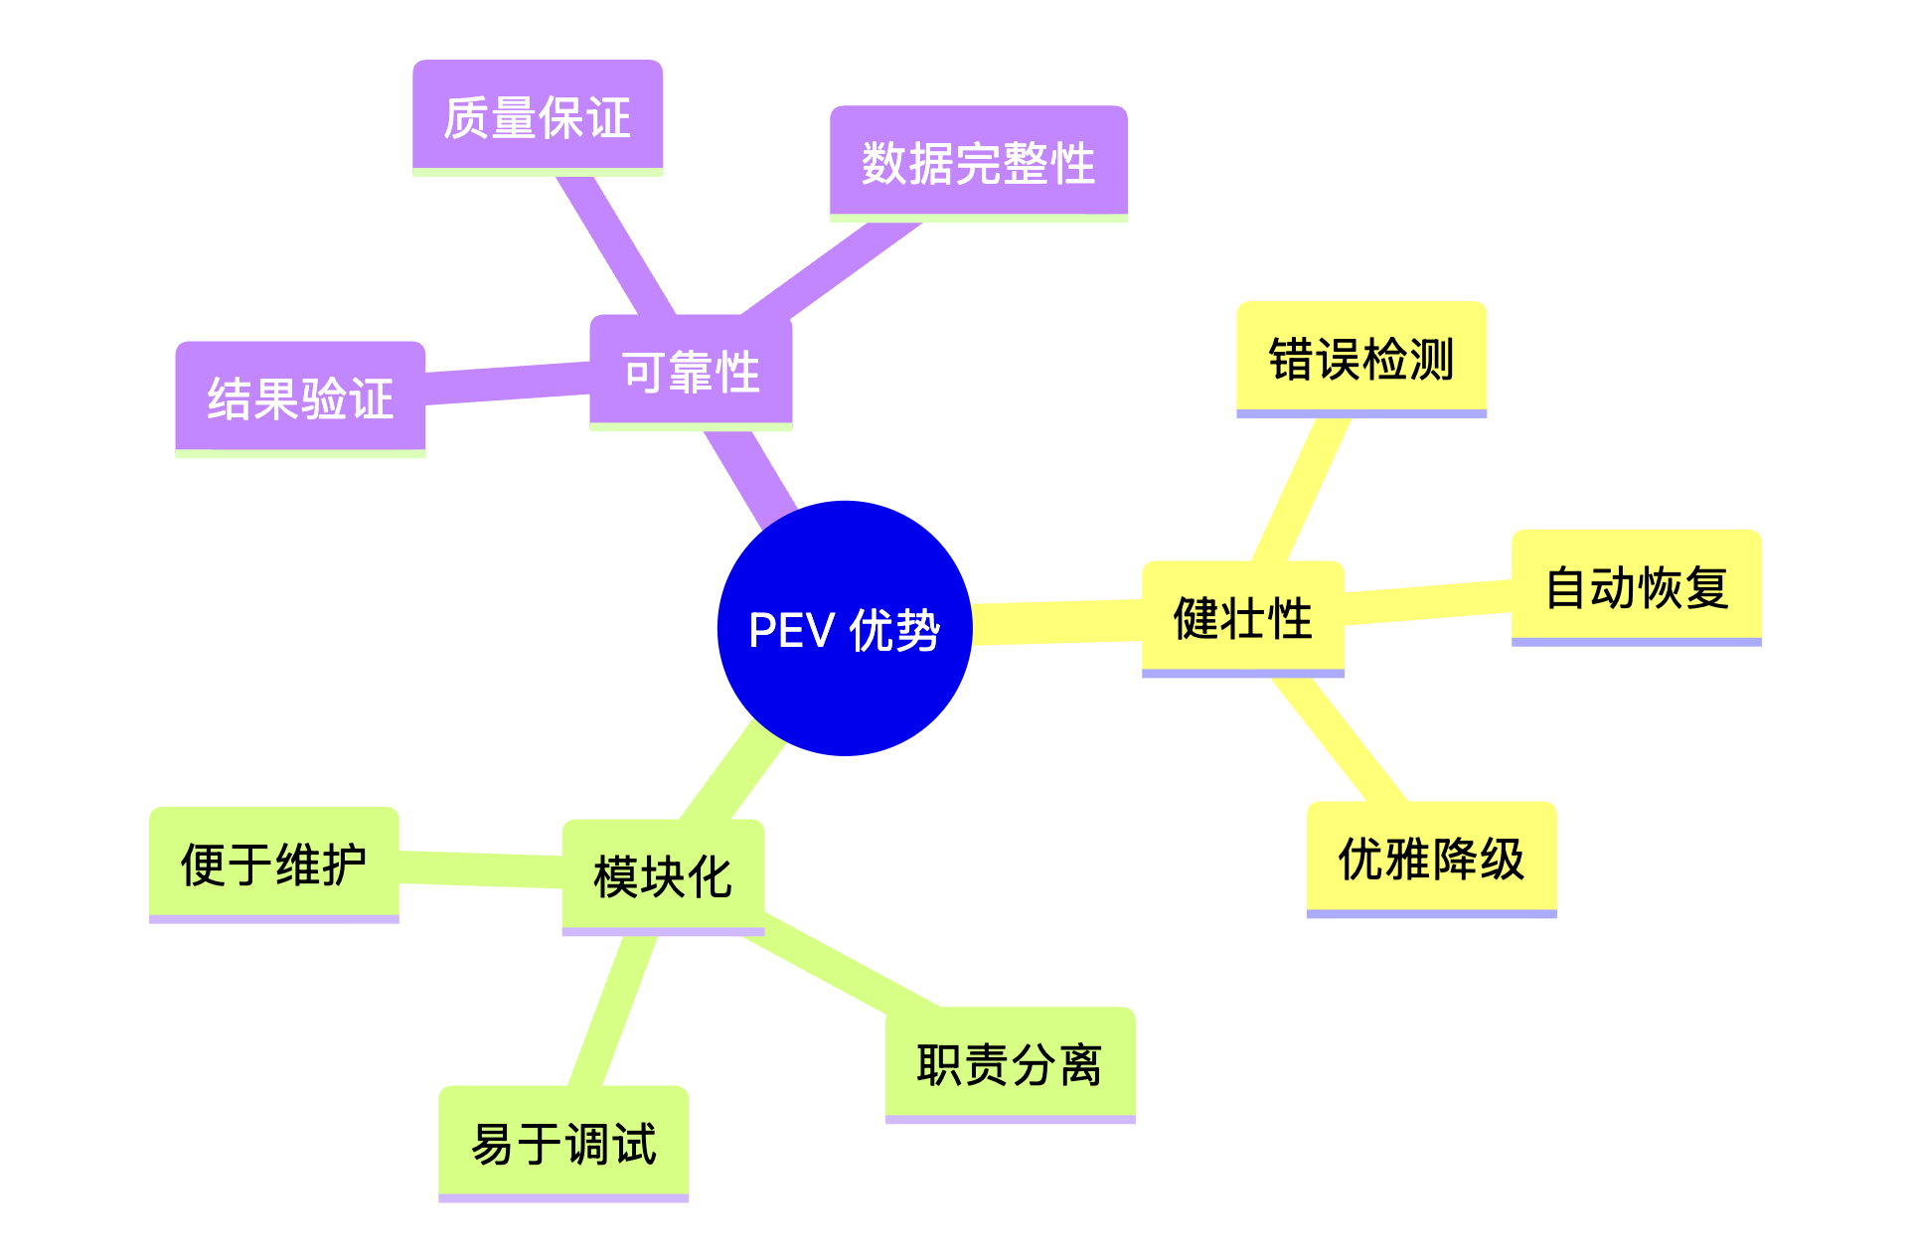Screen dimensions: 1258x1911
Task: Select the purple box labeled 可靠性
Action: [x=691, y=372]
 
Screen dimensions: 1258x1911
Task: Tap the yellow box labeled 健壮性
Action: [x=1242, y=617]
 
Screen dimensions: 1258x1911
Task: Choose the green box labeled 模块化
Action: [x=663, y=875]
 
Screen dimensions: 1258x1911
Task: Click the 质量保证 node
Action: [x=537, y=116]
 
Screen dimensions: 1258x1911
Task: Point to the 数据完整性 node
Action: [x=978, y=162]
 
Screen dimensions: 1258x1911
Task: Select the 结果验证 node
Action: [x=300, y=397]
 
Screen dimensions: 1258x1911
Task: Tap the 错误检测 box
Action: [x=1360, y=358]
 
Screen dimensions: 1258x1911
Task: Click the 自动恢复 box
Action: [x=1636, y=586]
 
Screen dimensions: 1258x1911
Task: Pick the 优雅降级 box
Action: [x=1431, y=858]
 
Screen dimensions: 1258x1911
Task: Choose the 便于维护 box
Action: [x=273, y=863]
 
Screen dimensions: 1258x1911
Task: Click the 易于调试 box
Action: [x=562, y=1142]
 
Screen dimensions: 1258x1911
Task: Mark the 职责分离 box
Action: [x=1010, y=1063]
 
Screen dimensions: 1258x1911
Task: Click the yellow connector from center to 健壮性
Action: [x=1056, y=622]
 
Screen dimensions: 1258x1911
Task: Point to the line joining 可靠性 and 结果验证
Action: [x=507, y=384]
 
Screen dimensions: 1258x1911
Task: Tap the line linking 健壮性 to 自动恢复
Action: [x=1428, y=602]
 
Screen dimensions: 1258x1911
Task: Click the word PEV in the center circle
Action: [x=791, y=630]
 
